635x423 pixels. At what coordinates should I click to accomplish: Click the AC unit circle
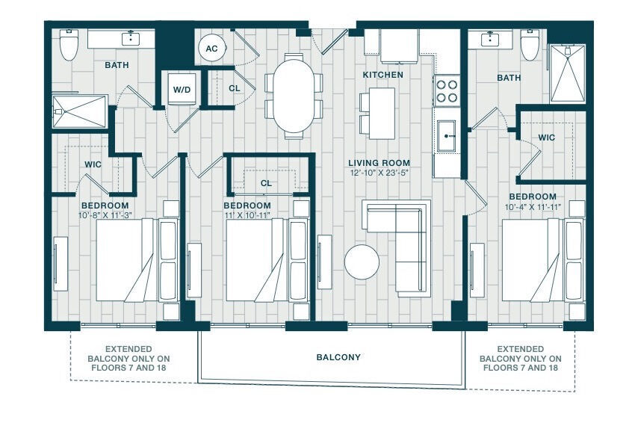point(211,49)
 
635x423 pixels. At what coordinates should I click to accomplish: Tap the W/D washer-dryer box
point(182,89)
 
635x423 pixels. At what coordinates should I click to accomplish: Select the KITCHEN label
point(382,75)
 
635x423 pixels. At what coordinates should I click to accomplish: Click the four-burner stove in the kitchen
point(446,90)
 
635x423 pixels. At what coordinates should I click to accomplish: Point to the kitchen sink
point(446,136)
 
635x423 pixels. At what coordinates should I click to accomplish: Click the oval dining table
point(294,96)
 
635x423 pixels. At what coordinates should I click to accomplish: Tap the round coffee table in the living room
point(362,262)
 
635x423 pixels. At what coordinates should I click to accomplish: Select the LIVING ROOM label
point(379,163)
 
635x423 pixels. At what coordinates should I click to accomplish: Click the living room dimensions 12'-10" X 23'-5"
point(379,173)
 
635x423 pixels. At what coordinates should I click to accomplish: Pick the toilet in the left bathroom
point(69,45)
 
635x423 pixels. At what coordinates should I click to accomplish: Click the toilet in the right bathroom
point(530,45)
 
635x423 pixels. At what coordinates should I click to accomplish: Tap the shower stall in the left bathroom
point(80,111)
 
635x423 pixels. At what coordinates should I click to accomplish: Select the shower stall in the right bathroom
point(567,73)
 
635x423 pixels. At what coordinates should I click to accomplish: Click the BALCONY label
point(338,357)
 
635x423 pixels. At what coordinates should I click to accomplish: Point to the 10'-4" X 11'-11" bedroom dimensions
point(533,207)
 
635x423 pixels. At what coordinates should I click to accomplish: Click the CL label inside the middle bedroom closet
point(266,184)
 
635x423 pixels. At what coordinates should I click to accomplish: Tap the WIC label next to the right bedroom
point(546,138)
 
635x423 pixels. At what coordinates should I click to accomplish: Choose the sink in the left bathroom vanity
point(131,39)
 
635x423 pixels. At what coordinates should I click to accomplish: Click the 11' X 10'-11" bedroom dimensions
point(247,215)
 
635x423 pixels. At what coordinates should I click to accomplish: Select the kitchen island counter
point(382,114)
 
